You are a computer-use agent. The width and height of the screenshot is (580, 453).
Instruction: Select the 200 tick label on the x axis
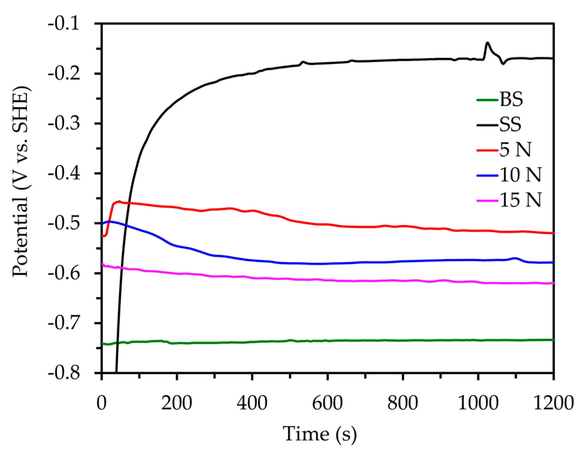coord(177,404)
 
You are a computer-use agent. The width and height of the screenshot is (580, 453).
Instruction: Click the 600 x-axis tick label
coord(328,404)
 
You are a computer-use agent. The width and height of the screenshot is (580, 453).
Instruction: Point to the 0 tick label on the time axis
coord(102,404)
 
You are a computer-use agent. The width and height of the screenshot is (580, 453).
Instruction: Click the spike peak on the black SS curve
coord(488,43)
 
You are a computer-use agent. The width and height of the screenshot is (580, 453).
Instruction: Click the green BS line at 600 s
coord(328,340)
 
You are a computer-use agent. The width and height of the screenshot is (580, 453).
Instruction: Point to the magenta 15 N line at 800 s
coord(403,281)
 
